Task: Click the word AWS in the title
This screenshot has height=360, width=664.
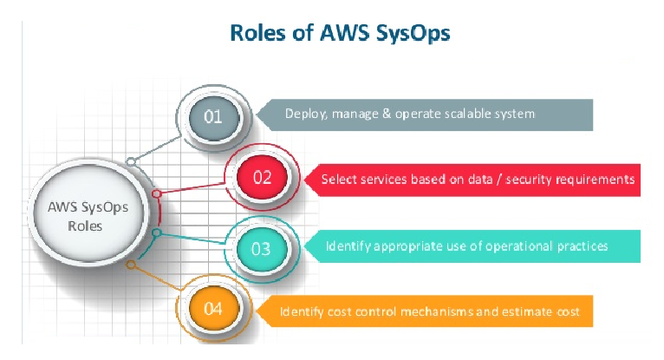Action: pyautogui.click(x=343, y=33)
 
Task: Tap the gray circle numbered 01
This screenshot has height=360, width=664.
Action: pyautogui.click(x=212, y=115)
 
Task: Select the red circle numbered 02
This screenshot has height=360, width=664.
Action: pyautogui.click(x=262, y=178)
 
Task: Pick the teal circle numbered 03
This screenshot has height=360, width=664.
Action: pyautogui.click(x=261, y=248)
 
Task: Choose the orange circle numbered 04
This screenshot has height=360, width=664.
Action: pyautogui.click(x=213, y=309)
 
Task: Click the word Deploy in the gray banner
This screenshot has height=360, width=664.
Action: pyautogui.click(x=304, y=114)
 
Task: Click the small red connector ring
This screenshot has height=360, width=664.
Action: pyautogui.click(x=156, y=194)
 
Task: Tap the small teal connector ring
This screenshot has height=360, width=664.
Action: pyautogui.click(x=156, y=232)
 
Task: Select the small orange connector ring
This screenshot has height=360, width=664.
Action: pyautogui.click(x=130, y=264)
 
